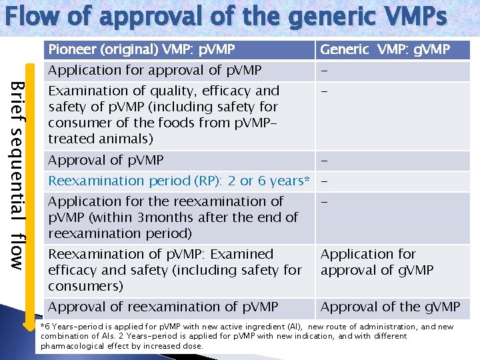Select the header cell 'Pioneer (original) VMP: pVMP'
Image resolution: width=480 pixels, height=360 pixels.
pos(141,49)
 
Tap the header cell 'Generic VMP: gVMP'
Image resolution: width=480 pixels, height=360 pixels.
pos(385,49)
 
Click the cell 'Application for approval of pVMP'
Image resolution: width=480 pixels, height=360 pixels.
pos(155,70)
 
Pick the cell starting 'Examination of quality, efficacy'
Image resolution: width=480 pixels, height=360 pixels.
pos(163,115)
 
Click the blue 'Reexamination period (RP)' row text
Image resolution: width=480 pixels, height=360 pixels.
pos(179,181)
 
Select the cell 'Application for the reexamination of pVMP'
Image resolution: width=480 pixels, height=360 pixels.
pos(173,217)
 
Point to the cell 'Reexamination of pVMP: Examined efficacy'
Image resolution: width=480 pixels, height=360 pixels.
pos(175,270)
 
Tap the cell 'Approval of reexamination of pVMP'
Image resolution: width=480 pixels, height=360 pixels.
pos(163,307)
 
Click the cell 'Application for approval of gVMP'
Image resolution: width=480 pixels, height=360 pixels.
pos(377,262)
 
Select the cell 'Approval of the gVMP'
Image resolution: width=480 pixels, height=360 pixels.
pos(390,307)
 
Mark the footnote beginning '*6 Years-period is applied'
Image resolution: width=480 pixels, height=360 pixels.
pos(247,336)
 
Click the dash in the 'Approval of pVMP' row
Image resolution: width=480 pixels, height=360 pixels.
pos(323,161)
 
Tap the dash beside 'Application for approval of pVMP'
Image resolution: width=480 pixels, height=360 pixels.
pos(323,71)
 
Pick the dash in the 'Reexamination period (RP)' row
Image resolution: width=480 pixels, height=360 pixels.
pos(323,181)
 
